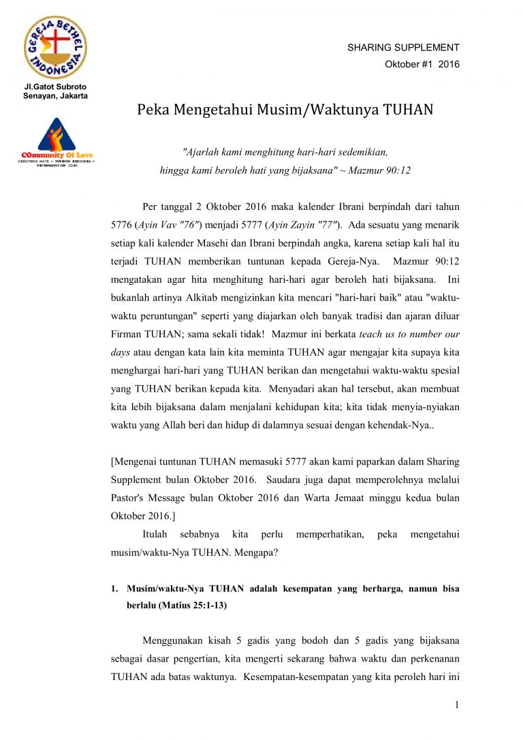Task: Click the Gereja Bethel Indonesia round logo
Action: coord(56,48)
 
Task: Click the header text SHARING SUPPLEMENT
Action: coord(403,48)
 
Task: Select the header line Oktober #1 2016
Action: coord(422,65)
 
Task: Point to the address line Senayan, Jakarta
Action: coord(56,95)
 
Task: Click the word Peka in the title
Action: coord(153,110)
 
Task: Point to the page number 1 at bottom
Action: coord(457,705)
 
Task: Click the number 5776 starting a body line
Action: coord(123,225)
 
